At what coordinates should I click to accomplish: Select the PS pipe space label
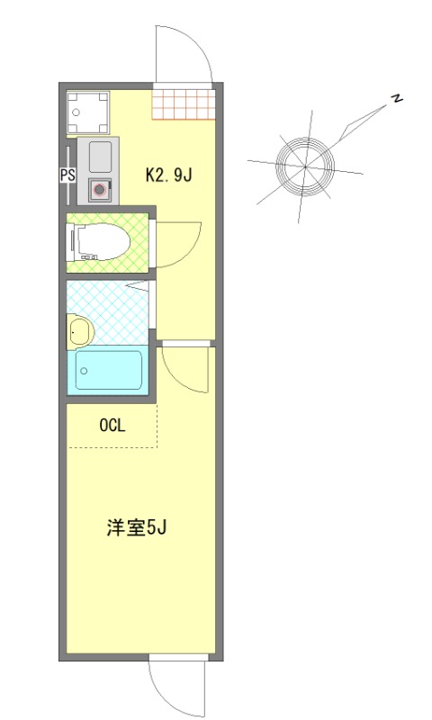[x=67, y=175]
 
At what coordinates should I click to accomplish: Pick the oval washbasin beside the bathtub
[x=78, y=331]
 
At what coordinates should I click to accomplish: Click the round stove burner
[x=99, y=190]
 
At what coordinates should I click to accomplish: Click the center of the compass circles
[x=305, y=166]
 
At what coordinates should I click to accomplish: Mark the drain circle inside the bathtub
[x=84, y=371]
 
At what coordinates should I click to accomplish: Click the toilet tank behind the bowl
[x=73, y=241]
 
